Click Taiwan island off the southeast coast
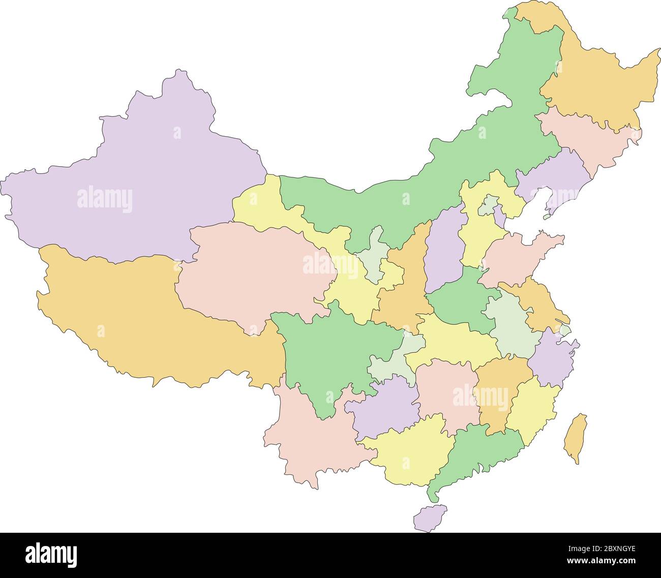tap(576, 437)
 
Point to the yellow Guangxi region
tap(407, 452)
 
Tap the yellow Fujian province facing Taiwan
tap(531, 407)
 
